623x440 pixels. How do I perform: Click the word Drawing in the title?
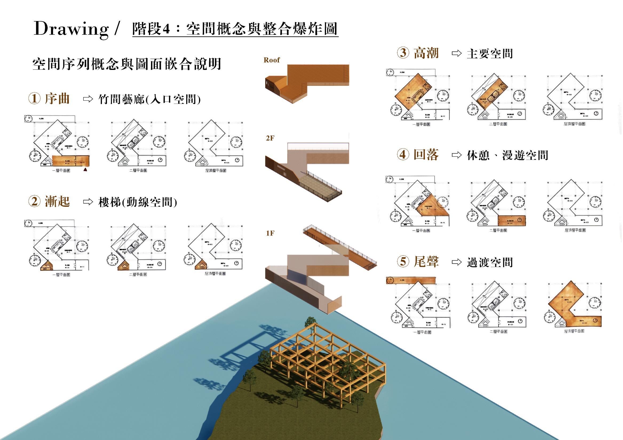point(71,29)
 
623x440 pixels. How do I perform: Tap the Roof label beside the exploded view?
point(271,60)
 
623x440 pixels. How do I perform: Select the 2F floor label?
point(270,138)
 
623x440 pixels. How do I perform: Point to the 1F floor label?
point(270,233)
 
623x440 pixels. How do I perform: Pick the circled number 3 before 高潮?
point(403,53)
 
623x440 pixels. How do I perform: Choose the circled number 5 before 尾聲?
point(403,261)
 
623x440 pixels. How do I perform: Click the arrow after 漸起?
point(88,202)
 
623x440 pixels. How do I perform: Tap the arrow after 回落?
point(457,155)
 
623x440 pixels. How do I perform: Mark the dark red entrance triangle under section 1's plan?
point(85,170)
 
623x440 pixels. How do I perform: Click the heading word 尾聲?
point(426,262)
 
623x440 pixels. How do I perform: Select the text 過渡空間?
point(490,262)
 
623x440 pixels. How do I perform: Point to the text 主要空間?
point(490,54)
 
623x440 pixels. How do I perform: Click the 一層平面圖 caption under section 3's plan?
point(421,124)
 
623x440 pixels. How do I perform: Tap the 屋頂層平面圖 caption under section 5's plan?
point(574,331)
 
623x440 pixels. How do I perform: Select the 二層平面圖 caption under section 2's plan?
point(138,274)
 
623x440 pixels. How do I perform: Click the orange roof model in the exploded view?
point(307,81)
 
